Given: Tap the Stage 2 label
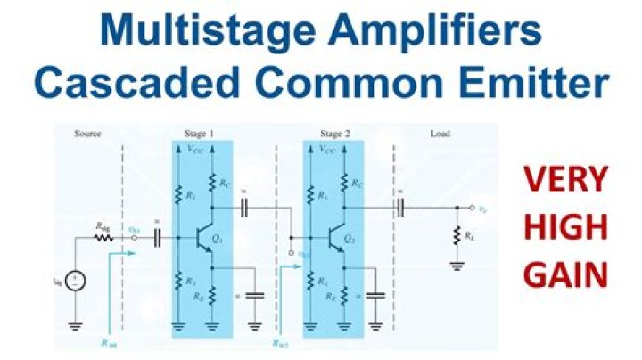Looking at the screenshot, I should tap(333, 134).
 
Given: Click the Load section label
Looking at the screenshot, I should tap(439, 134).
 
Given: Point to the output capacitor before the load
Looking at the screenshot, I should tap(400, 207).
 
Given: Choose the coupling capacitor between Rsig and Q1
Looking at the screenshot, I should tap(158, 238).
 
